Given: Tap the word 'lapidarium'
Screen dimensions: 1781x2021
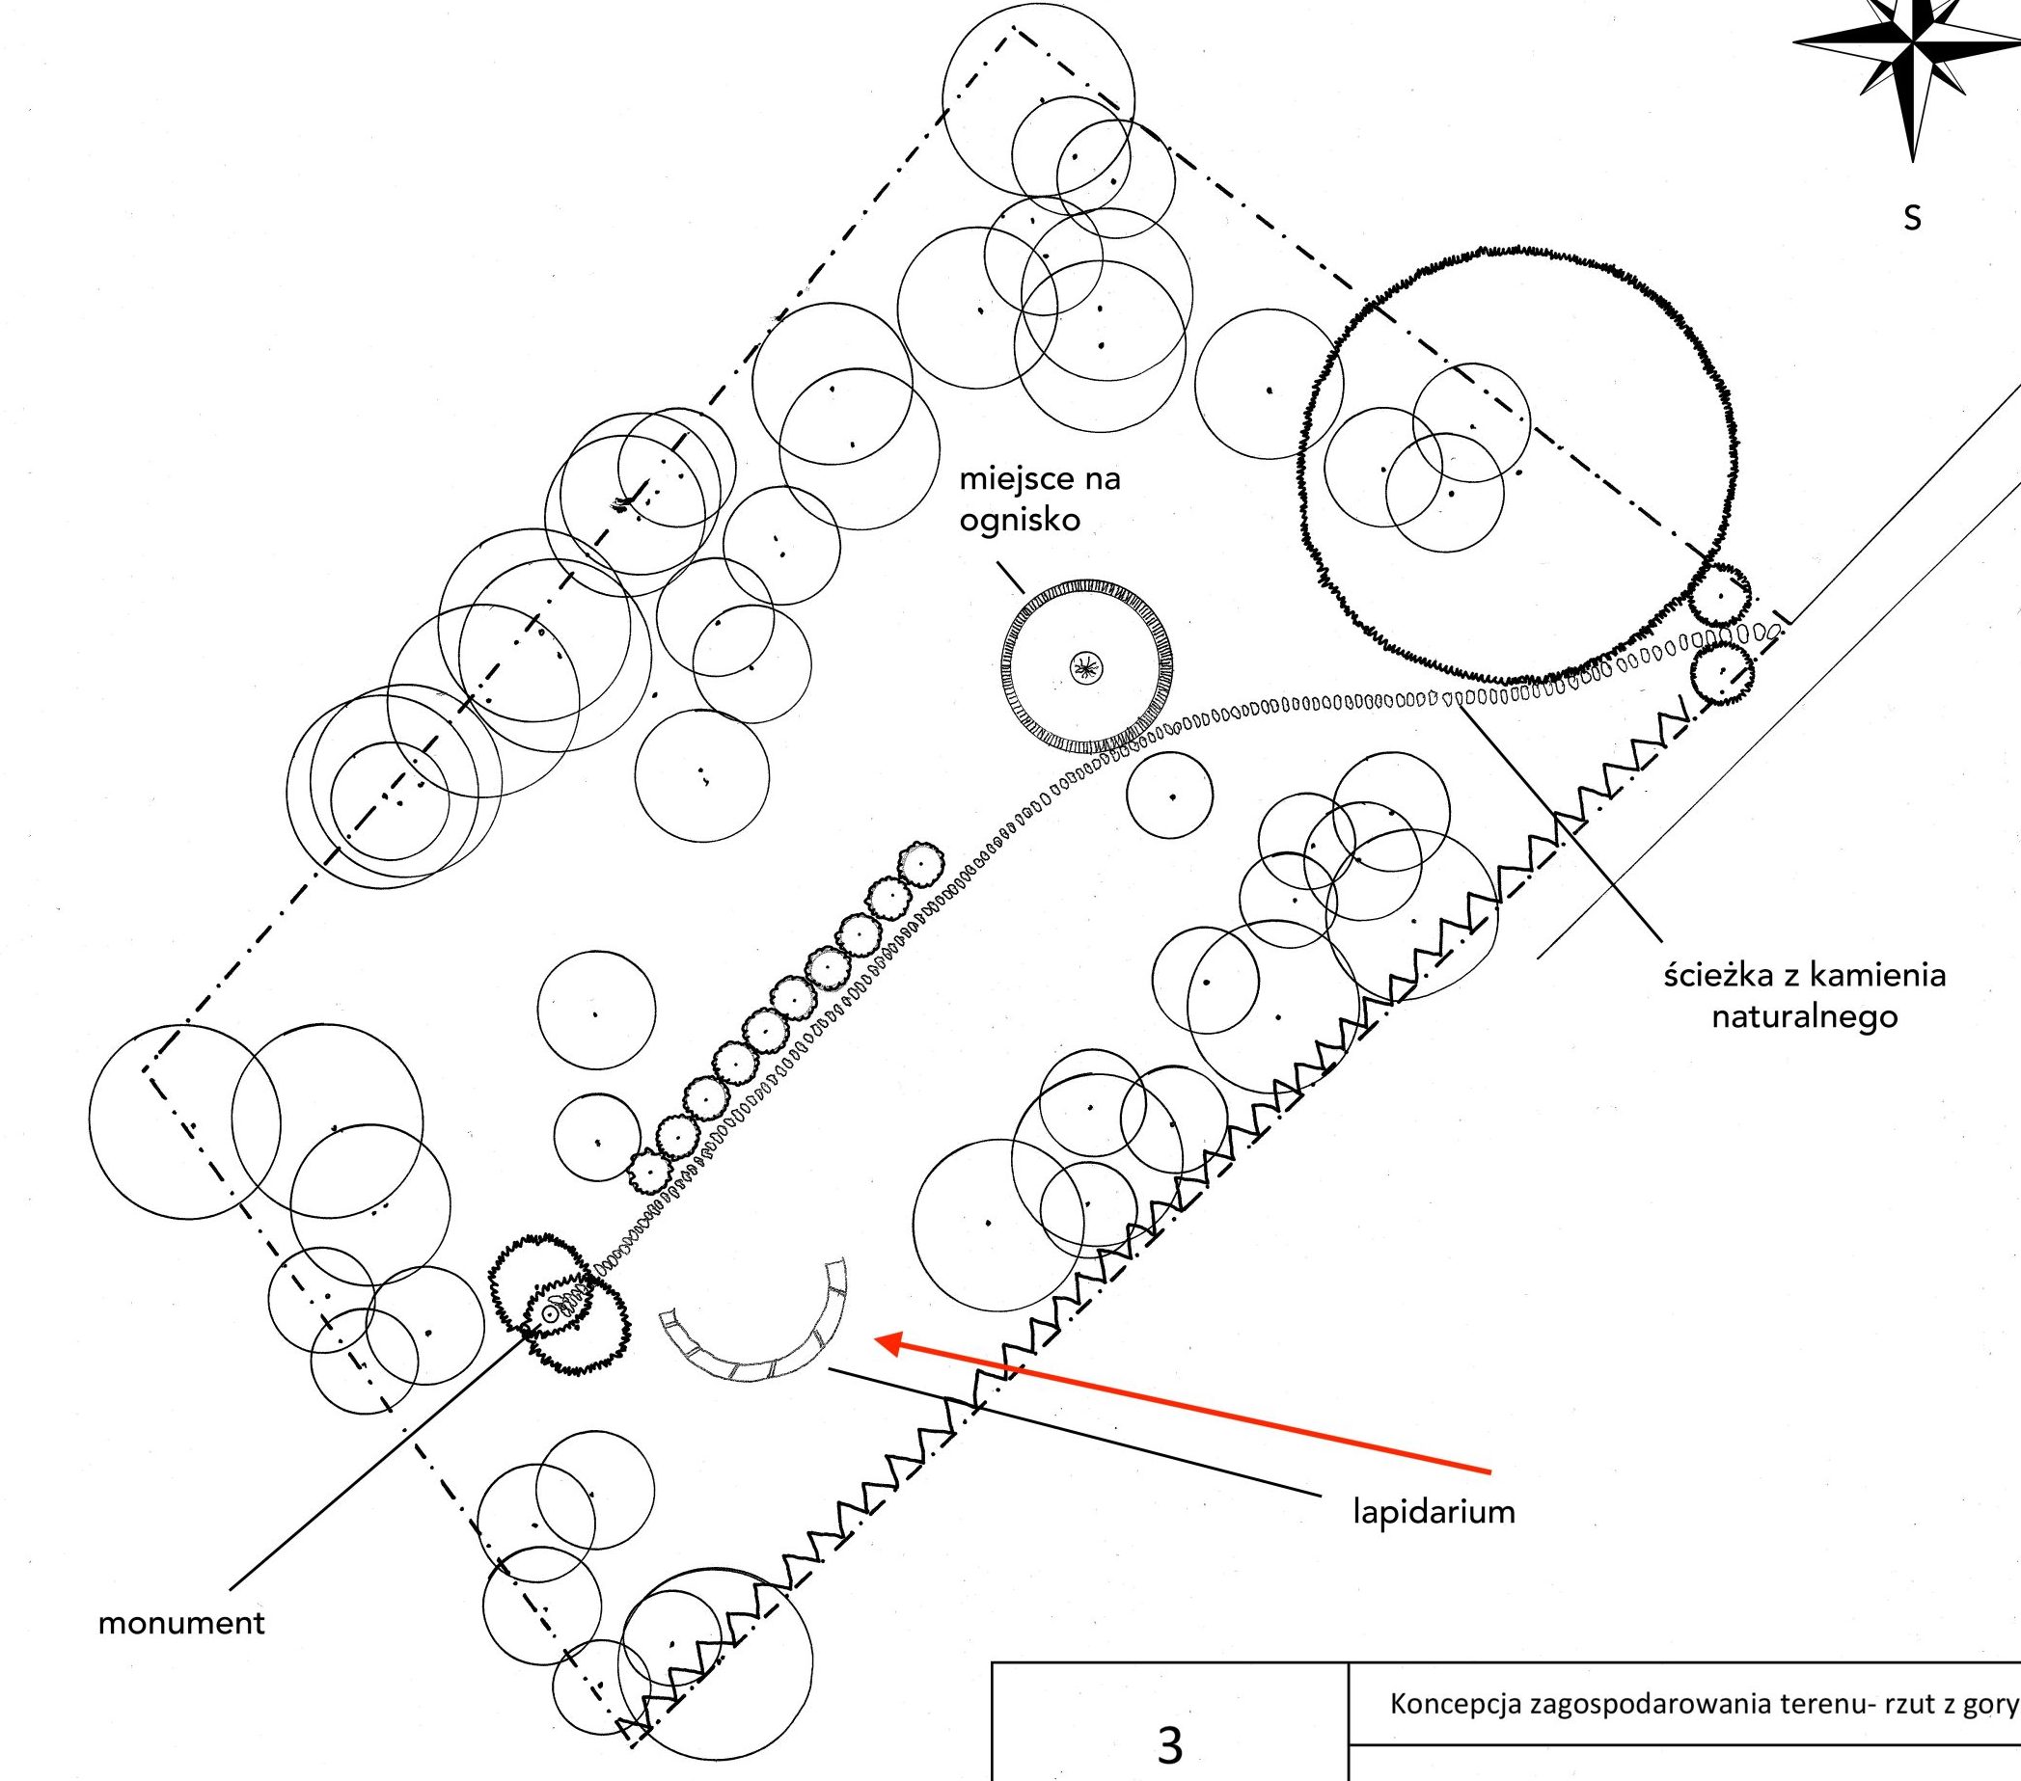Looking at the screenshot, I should click(1434, 1511).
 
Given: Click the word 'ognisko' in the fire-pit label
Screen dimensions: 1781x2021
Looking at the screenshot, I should click(1020, 520).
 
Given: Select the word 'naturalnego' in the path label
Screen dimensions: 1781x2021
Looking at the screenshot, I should click(1805, 1016).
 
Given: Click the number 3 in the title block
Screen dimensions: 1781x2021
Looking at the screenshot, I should click(1170, 1745).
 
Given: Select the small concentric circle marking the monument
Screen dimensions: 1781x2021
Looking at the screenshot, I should click(550, 1314).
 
